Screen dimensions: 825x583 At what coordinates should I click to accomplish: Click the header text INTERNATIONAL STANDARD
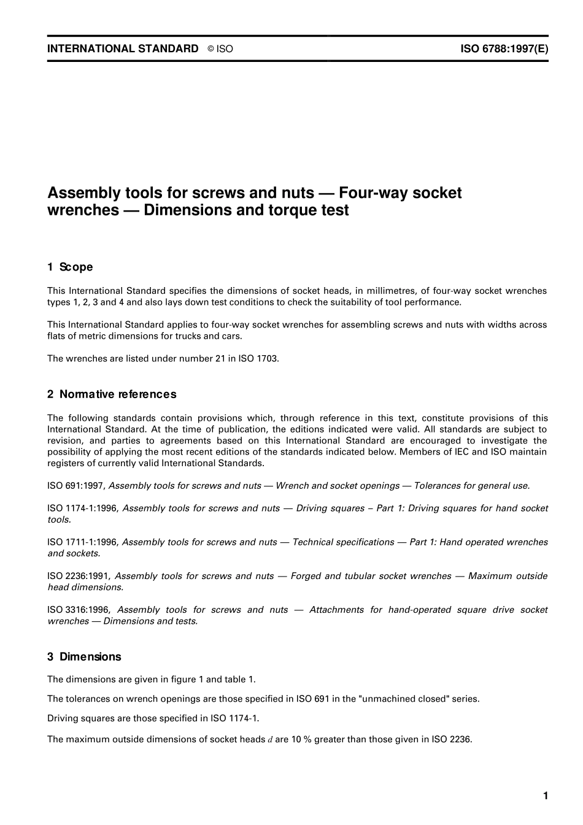123,49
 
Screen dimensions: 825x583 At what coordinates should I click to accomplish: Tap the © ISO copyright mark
220,49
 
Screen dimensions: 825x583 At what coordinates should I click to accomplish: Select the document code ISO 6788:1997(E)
504,49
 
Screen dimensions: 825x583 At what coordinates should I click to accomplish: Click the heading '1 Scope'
70,267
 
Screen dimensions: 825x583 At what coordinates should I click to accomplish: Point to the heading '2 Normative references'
112,394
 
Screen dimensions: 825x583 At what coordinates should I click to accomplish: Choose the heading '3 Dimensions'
84,657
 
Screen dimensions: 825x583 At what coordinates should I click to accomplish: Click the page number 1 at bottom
545,796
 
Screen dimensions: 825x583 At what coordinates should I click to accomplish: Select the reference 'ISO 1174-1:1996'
83,508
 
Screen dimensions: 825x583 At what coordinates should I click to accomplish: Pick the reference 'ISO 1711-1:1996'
83,542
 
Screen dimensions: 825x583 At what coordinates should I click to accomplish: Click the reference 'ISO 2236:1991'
79,576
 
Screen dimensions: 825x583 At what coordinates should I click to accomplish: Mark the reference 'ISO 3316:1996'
79,610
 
